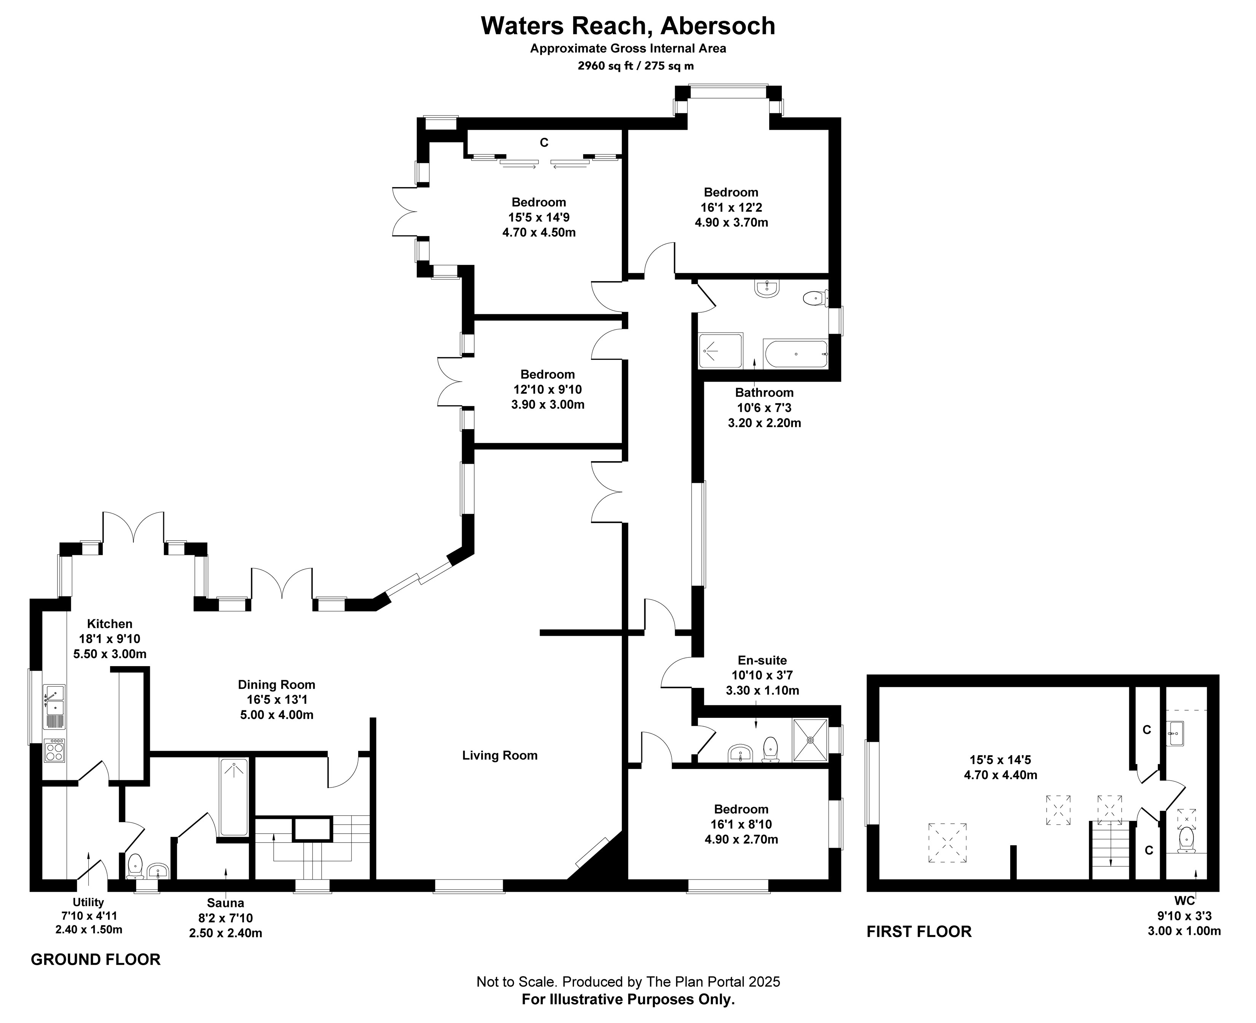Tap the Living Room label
pos(499,756)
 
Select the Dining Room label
pos(276,685)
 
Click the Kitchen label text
pos(110,624)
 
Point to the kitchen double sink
pos(54,706)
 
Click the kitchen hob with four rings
pos(54,750)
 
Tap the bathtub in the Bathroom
pos(795,354)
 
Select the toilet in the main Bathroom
pos(814,299)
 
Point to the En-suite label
pos(762,660)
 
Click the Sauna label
pos(225,903)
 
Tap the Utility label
pos(88,902)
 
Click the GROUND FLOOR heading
pos(96,959)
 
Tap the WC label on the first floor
pos(1184,900)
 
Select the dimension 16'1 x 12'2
pos(731,207)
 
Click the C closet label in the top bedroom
pos(544,143)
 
